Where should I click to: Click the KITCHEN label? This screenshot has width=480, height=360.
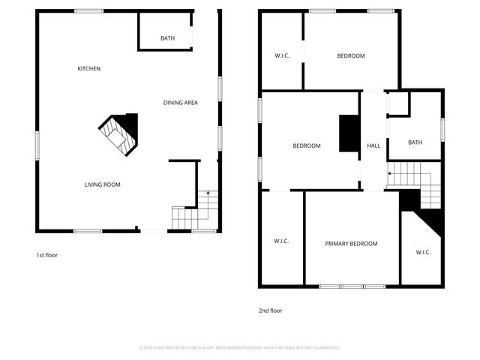tap(89, 69)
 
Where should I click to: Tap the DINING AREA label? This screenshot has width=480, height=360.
tap(181, 103)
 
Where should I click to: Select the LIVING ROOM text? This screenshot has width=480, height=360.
tap(102, 184)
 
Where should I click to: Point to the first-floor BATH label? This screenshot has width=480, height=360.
tap(168, 39)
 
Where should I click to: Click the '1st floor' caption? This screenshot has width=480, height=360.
tap(47, 255)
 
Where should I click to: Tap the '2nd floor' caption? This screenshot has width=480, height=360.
tap(271, 310)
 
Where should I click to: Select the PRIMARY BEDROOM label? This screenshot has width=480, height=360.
tap(351, 244)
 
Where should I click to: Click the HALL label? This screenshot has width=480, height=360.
tap(373, 145)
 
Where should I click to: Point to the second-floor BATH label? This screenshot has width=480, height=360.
tap(415, 142)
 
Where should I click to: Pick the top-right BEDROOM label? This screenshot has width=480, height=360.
tap(351, 56)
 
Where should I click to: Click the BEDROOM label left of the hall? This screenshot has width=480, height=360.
tap(307, 145)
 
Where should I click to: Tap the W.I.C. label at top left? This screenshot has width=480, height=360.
tap(282, 56)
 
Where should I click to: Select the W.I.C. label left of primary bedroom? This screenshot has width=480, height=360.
tap(281, 241)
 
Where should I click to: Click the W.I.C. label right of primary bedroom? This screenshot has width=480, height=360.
tap(423, 252)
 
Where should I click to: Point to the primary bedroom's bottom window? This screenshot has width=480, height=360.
tap(351, 286)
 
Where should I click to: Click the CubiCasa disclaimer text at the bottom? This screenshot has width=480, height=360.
tap(240, 348)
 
